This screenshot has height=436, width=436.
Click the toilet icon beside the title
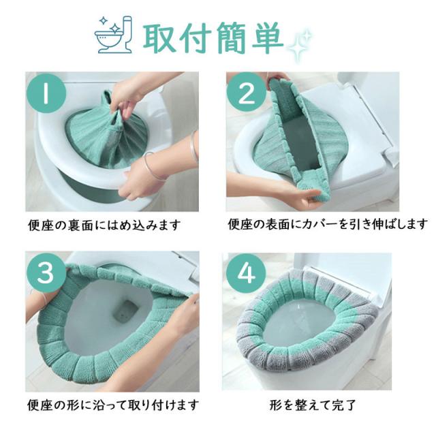114,35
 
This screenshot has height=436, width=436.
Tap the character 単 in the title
268,37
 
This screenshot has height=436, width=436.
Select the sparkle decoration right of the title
300,44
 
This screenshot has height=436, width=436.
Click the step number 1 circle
46,93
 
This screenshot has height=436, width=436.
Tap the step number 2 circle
247,93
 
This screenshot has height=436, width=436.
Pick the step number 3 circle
46,272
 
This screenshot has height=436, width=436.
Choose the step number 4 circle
246,273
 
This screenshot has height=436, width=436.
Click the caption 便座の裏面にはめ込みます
104,225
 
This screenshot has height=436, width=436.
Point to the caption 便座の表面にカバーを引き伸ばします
328,224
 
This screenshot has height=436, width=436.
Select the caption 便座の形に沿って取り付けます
113,405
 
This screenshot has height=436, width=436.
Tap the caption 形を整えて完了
313,405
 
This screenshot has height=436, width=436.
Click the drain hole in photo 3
127,311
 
